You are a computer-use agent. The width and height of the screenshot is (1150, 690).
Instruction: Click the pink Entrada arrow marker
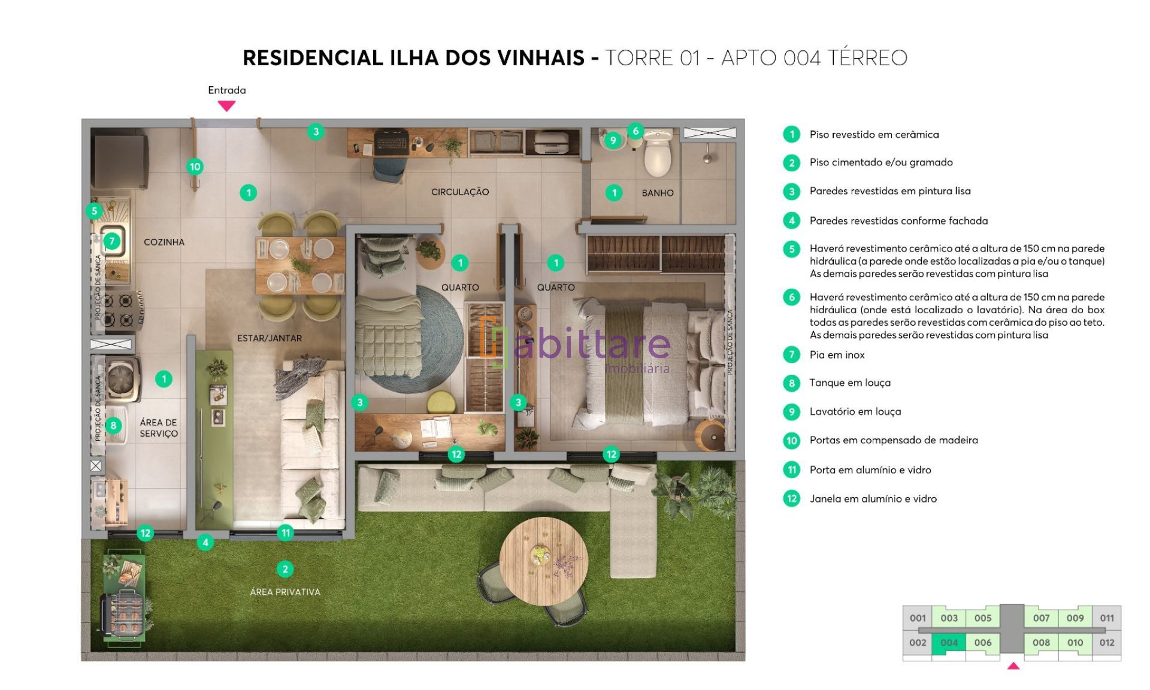(x=226, y=105)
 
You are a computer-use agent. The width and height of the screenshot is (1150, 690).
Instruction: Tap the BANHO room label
(x=658, y=193)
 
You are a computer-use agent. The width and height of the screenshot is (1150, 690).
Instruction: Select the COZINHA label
(x=164, y=242)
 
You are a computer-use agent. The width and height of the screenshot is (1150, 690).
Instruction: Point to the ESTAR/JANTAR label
(x=270, y=338)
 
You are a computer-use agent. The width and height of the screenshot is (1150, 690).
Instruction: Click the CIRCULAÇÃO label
(x=460, y=192)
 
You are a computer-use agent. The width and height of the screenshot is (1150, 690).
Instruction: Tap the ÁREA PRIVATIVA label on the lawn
(x=285, y=592)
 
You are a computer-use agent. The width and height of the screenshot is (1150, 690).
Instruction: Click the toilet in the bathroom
(x=658, y=153)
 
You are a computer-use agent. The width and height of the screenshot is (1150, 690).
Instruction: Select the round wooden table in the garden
(x=544, y=561)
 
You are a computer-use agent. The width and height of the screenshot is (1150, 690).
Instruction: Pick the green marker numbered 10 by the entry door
(x=195, y=167)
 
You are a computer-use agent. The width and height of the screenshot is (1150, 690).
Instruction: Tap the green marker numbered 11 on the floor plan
(x=286, y=532)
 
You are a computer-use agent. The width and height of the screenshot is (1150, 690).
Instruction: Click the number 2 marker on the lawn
(x=285, y=569)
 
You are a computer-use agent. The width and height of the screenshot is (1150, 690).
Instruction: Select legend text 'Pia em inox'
(x=837, y=355)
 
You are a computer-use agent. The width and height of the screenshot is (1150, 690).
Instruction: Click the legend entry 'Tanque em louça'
(x=850, y=383)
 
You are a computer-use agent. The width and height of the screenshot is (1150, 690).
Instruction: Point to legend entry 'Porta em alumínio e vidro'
(x=870, y=470)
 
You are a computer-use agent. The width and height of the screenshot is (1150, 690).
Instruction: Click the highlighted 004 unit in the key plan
(x=949, y=643)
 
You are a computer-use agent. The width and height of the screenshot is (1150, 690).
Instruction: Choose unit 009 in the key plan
(x=1075, y=618)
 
